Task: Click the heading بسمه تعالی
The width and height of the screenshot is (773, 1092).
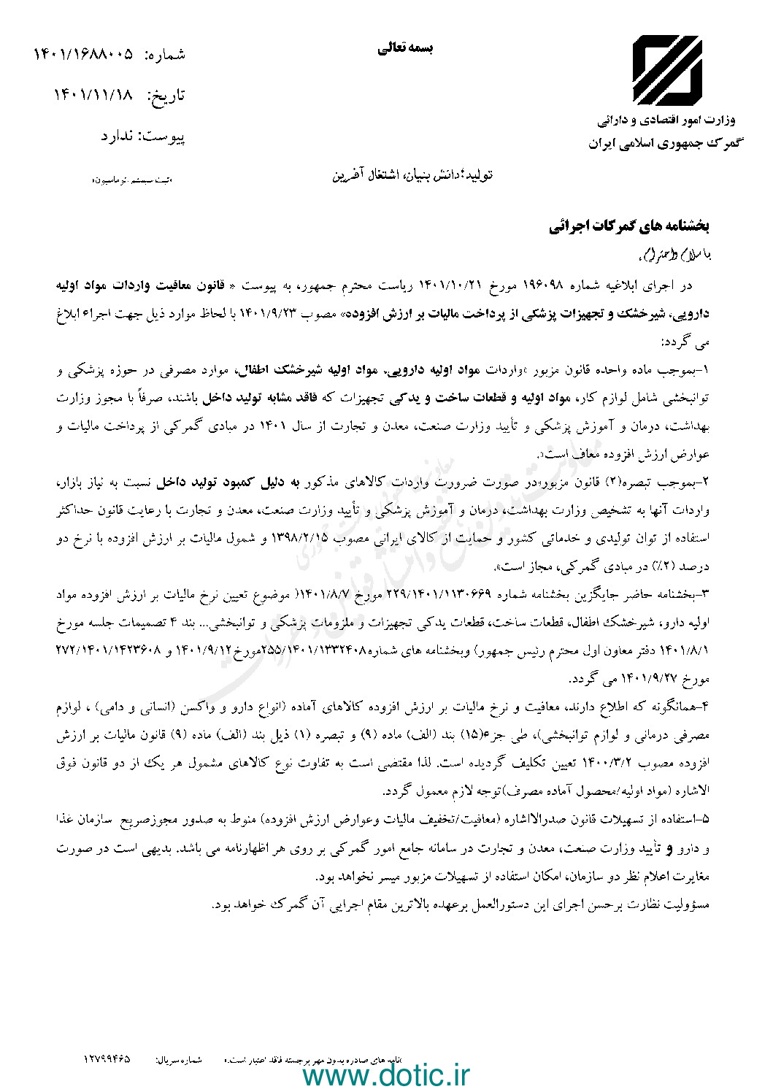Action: click(405, 49)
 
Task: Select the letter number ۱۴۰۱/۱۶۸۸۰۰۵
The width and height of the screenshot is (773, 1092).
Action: click(84, 54)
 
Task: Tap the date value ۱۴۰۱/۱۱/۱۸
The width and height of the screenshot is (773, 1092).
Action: click(94, 95)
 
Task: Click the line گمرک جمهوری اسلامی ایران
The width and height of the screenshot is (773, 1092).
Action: click(664, 143)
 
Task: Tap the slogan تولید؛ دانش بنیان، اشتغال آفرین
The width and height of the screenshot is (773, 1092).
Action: click(412, 176)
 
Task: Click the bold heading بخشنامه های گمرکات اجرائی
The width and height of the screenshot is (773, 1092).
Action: click(630, 227)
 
